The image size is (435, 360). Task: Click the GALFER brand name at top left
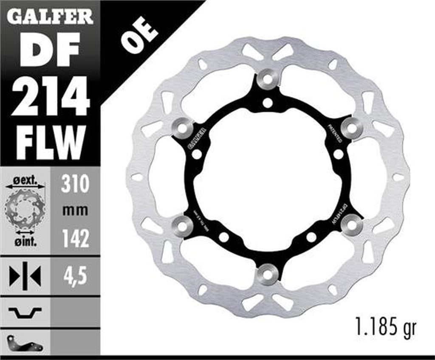click(50, 16)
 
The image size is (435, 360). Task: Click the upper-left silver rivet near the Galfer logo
click(183, 127)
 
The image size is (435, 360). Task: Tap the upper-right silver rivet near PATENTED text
click(352, 127)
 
